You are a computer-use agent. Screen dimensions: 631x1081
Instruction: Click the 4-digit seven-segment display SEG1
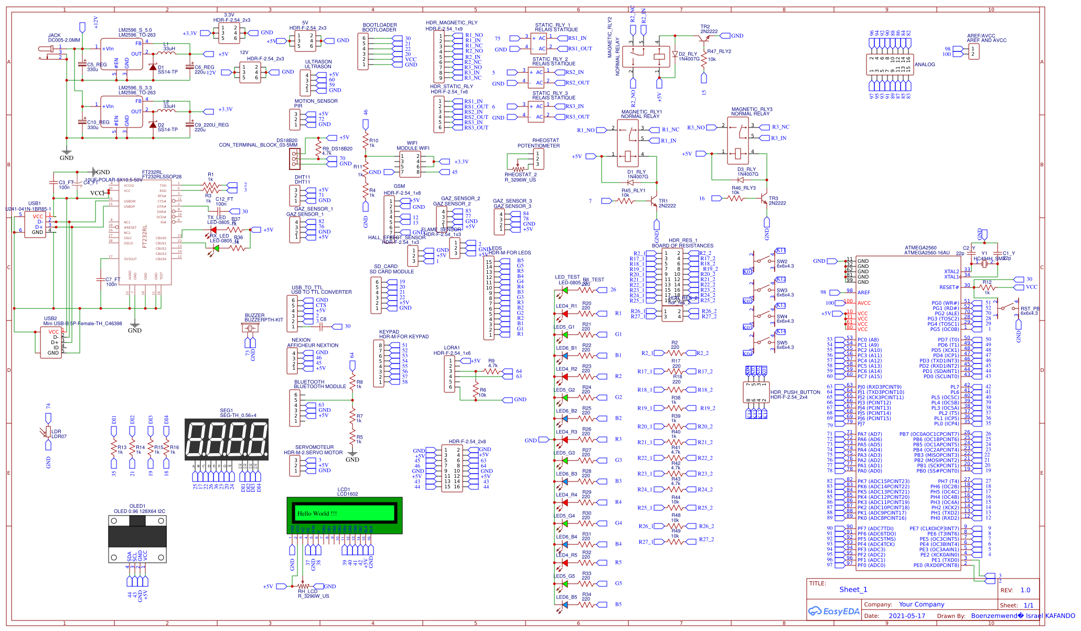(x=227, y=440)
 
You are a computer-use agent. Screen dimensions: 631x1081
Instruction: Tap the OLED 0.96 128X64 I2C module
(x=137, y=539)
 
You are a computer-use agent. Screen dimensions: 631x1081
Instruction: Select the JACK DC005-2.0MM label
(x=64, y=38)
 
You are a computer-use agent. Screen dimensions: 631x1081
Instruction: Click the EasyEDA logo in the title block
(x=834, y=611)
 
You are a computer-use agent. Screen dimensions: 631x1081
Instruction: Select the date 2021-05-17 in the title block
(x=907, y=616)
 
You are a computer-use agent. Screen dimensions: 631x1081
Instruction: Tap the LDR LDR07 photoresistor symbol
(x=48, y=431)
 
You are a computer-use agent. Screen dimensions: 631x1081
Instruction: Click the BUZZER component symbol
(x=250, y=328)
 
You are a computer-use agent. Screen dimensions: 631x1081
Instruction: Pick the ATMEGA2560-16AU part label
(x=927, y=253)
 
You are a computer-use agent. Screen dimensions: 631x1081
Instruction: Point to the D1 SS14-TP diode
(x=153, y=67)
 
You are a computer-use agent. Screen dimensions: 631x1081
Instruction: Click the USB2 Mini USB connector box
(x=51, y=342)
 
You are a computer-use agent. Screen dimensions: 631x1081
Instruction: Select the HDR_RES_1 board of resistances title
(x=682, y=243)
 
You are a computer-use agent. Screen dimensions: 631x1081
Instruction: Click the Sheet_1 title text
(x=853, y=590)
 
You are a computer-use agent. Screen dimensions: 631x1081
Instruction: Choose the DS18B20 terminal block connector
(x=294, y=158)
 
